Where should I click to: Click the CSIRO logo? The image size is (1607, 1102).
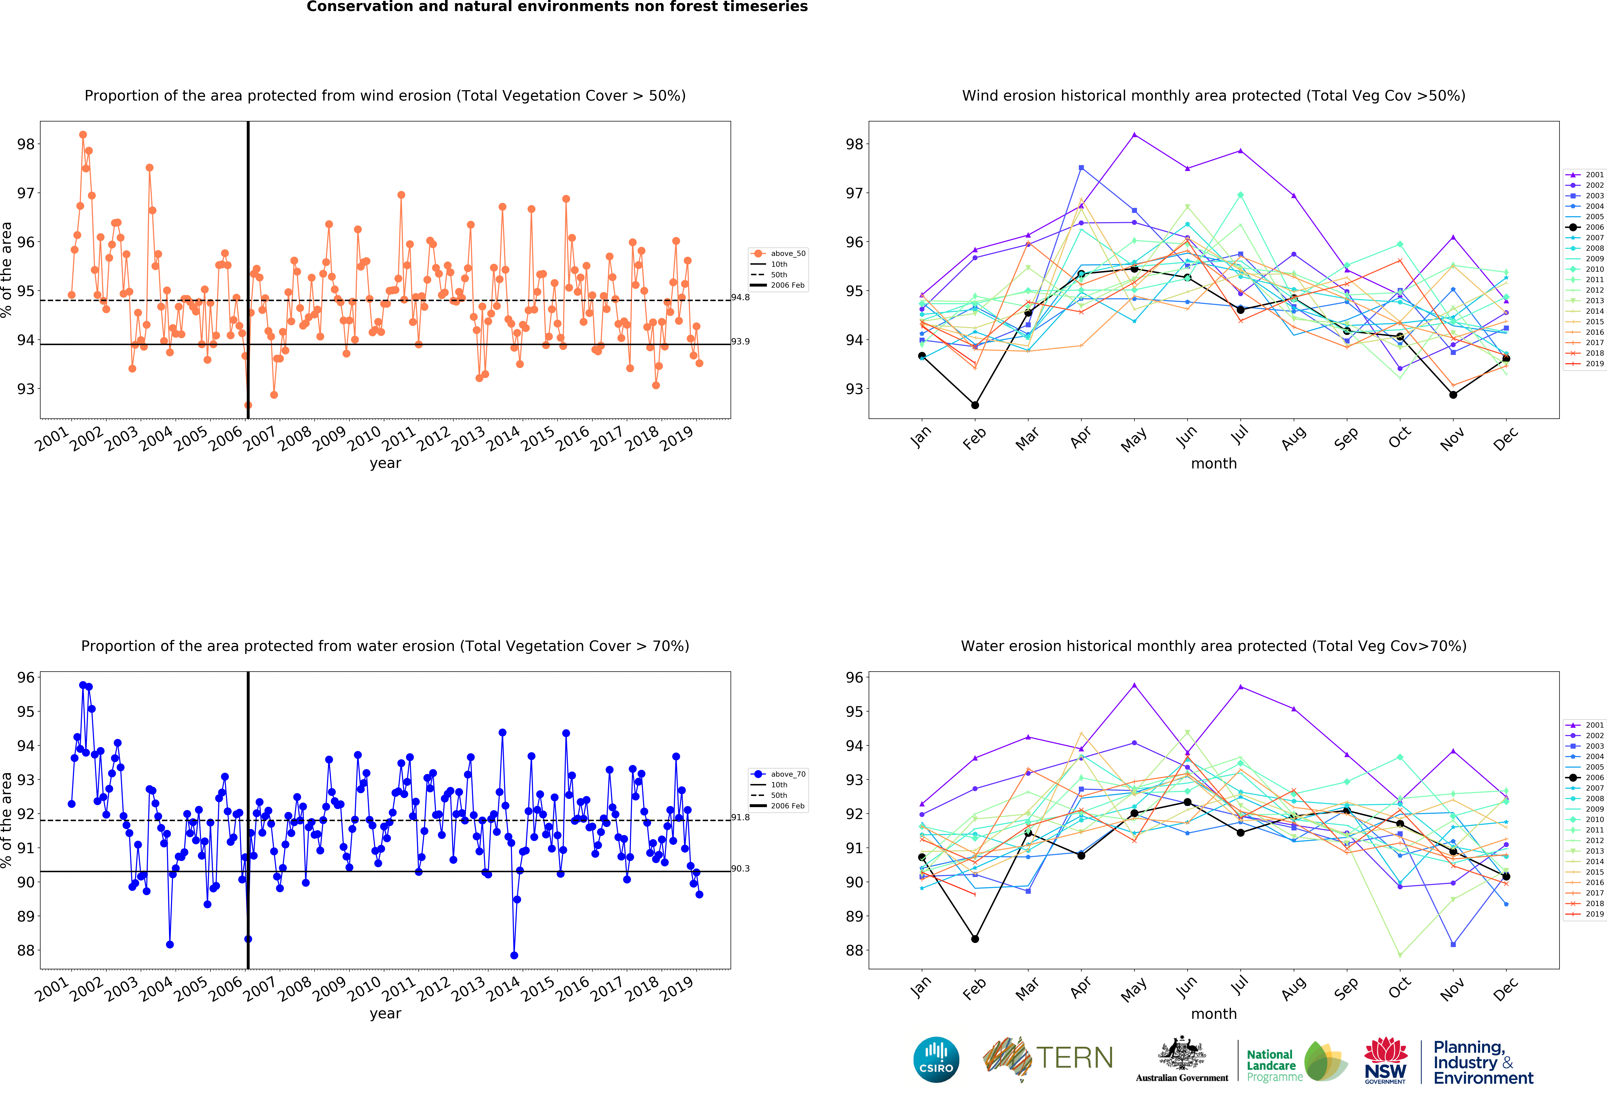pyautogui.click(x=936, y=1059)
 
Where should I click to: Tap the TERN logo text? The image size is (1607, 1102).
pyautogui.click(x=1075, y=1058)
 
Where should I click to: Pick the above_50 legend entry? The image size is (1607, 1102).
pyautogui.click(x=779, y=254)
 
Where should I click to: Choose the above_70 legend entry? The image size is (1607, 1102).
pyautogui.click(x=779, y=774)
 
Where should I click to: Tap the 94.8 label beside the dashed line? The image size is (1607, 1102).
pyautogui.click(x=741, y=297)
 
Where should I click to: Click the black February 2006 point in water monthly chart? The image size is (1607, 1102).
pyautogui.click(x=975, y=939)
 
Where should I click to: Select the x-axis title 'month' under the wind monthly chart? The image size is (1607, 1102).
pyautogui.click(x=1214, y=463)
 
